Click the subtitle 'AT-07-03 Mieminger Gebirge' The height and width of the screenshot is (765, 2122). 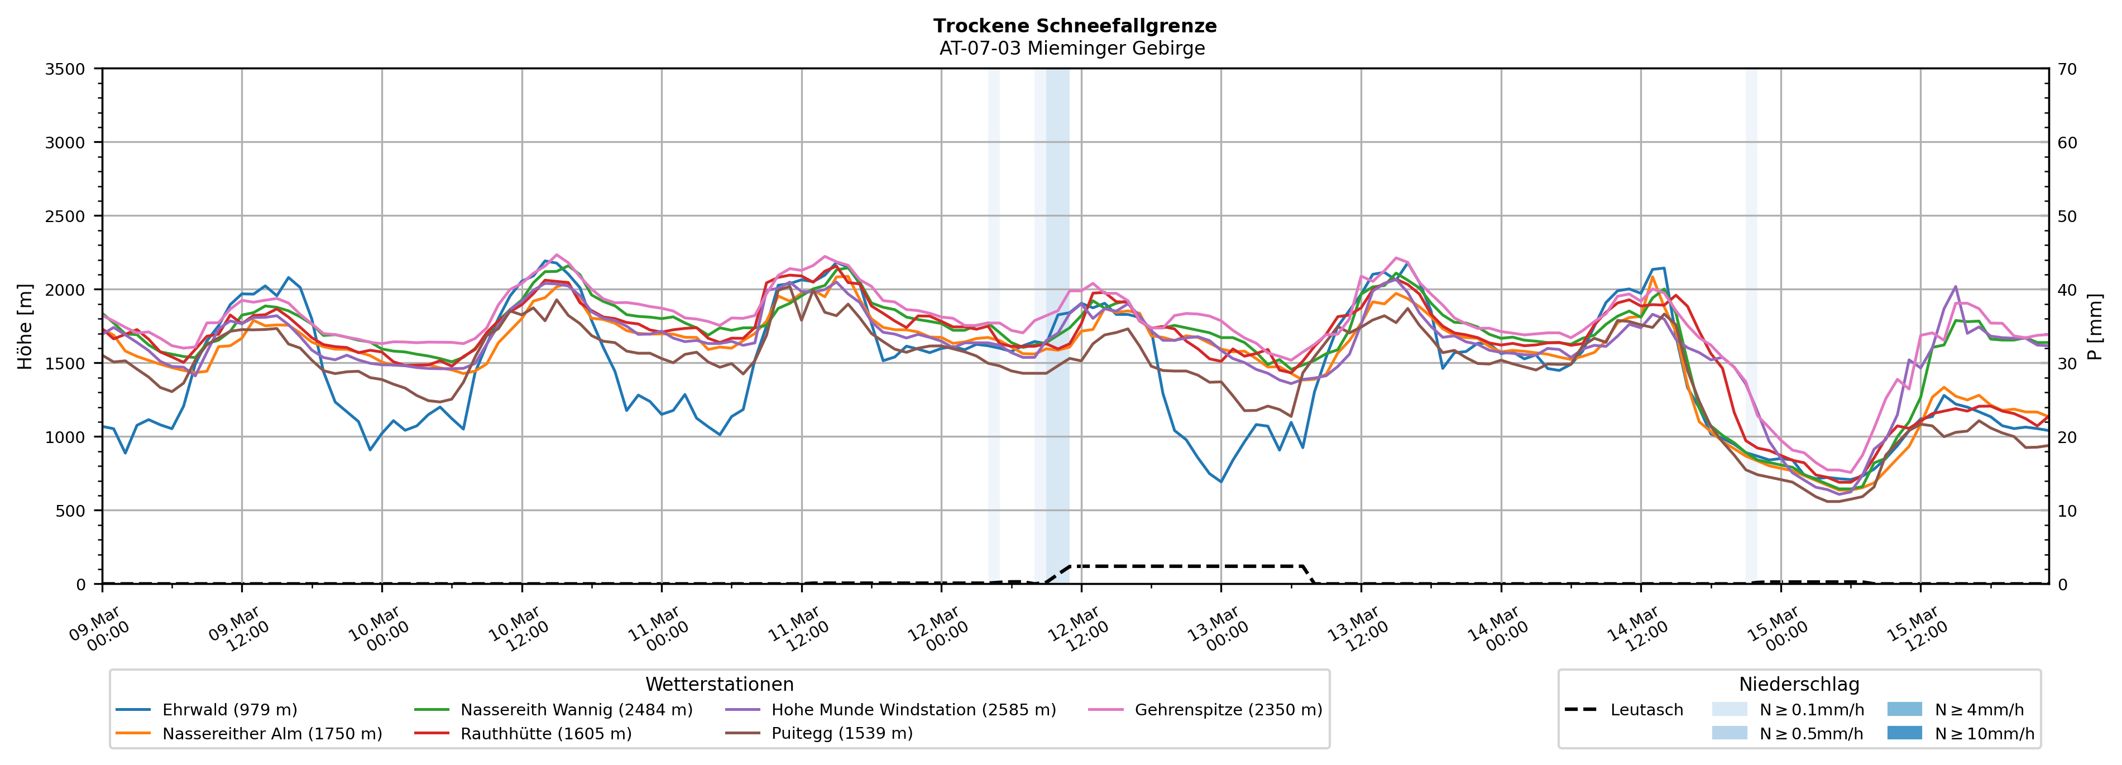[1072, 49]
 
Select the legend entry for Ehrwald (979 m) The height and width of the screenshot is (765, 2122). [229, 710]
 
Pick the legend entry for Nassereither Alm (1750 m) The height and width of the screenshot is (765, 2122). [272, 734]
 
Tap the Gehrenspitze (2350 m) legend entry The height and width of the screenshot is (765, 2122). [1228, 710]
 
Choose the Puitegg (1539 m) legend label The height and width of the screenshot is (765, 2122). [841, 734]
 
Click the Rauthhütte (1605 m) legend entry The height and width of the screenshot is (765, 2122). [545, 734]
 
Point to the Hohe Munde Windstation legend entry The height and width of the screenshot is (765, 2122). [913, 710]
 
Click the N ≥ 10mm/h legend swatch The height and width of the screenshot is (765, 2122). [1904, 733]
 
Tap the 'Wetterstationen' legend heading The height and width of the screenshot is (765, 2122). [719, 684]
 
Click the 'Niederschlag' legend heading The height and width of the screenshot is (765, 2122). [1799, 684]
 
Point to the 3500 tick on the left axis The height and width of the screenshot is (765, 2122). [65, 69]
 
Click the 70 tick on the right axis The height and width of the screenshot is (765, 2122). [2067, 69]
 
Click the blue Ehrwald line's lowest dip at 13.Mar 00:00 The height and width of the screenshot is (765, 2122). [1221, 482]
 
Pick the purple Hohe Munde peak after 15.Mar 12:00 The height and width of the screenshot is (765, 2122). [1956, 287]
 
